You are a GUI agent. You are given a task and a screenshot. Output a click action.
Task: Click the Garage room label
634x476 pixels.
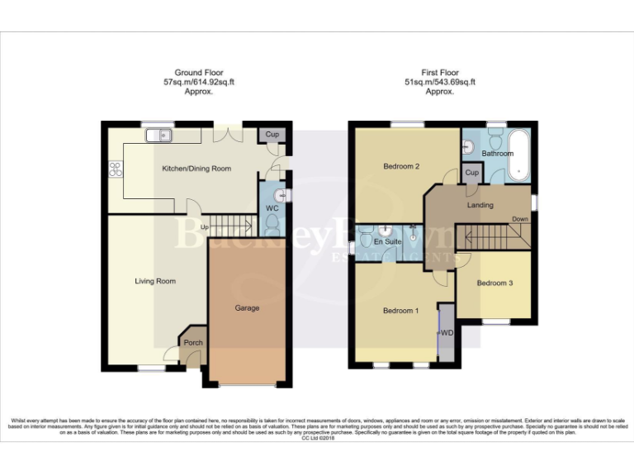pyautogui.click(x=247, y=308)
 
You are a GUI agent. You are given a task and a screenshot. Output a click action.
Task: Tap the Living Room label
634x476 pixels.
pyautogui.click(x=156, y=281)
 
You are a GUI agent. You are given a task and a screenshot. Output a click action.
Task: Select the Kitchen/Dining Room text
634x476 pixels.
pyautogui.click(x=196, y=169)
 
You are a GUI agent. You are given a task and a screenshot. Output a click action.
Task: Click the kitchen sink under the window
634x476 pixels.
pyautogui.click(x=156, y=135)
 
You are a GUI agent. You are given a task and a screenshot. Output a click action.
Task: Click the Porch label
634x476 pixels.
pyautogui.click(x=193, y=342)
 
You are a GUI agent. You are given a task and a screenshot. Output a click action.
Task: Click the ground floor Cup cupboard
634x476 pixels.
pyautogui.click(x=272, y=135)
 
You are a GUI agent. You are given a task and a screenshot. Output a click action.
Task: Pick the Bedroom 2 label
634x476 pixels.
pyautogui.click(x=402, y=166)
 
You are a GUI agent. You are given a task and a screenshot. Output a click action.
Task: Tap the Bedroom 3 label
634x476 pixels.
pyautogui.click(x=495, y=283)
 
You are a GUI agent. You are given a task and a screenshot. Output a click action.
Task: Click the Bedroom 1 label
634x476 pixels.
pyautogui.click(x=401, y=311)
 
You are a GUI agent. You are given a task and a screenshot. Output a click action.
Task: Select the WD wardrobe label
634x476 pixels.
pyautogui.click(x=447, y=333)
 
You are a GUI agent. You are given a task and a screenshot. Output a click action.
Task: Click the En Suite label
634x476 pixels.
pyautogui.click(x=387, y=242)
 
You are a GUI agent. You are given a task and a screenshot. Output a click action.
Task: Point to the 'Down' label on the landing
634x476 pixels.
pyautogui.click(x=520, y=220)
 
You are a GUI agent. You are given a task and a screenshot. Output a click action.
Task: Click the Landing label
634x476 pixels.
pyautogui.click(x=480, y=205)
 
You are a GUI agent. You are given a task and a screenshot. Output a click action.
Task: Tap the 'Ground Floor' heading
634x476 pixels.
pyautogui.click(x=199, y=73)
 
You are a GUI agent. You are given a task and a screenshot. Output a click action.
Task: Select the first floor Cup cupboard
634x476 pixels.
pyautogui.click(x=471, y=173)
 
